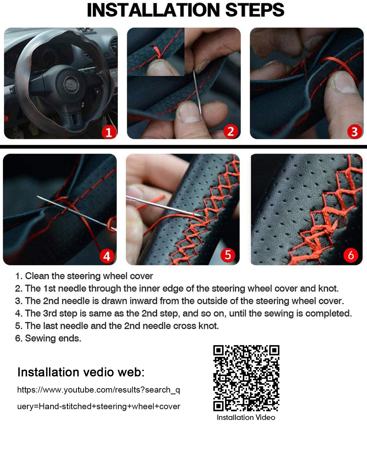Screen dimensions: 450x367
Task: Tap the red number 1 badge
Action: [109, 132]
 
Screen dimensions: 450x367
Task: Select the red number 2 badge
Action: [231, 131]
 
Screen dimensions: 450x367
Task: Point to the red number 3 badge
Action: [354, 131]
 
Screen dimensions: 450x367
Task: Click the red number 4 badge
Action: [107, 256]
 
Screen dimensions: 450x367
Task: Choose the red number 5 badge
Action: [228, 255]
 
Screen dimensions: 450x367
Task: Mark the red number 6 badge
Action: [351, 255]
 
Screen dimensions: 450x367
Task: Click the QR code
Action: [246, 378]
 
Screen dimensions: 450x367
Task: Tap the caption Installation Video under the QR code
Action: [246, 418]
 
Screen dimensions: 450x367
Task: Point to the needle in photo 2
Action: [197, 94]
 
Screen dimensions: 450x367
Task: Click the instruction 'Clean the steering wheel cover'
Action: [89, 276]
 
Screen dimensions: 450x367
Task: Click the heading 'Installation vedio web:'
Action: [81, 372]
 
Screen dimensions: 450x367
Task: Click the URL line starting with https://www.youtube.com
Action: [99, 390]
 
